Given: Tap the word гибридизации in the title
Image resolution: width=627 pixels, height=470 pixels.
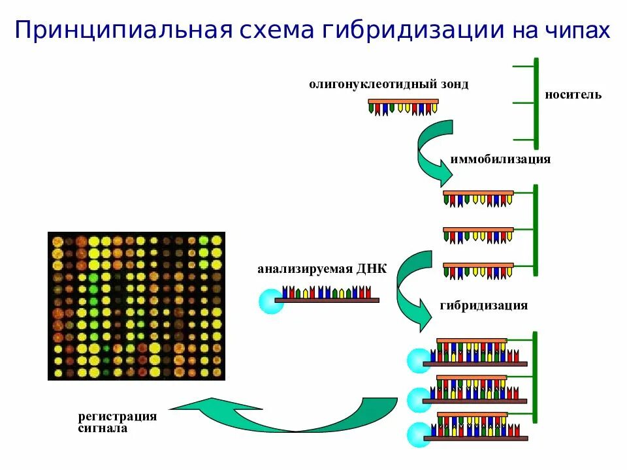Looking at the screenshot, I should pyautogui.click(x=416, y=31).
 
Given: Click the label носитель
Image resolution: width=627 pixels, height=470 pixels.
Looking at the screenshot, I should pyautogui.click(x=573, y=95).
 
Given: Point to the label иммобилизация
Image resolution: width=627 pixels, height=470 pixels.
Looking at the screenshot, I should pyautogui.click(x=500, y=159).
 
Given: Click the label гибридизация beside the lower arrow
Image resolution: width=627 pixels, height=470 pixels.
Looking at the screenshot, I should pyautogui.click(x=484, y=305).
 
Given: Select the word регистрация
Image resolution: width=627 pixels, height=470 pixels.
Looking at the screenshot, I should pyautogui.click(x=118, y=416).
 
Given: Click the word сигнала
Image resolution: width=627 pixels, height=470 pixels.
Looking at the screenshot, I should pyautogui.click(x=103, y=429).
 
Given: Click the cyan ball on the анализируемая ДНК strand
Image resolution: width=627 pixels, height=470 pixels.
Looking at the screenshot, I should pyautogui.click(x=271, y=301).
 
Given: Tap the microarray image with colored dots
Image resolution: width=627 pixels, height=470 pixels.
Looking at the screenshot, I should pyautogui.click(x=136, y=305).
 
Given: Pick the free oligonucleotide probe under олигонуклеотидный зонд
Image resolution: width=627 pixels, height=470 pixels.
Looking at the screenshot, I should pyautogui.click(x=403, y=107).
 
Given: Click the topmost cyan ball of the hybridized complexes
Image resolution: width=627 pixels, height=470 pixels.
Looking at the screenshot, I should pyautogui.click(x=418, y=361).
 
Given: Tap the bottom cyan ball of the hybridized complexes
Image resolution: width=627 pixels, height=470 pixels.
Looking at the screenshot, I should pyautogui.click(x=418, y=435).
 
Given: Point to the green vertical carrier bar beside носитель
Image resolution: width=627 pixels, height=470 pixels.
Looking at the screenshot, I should pyautogui.click(x=536, y=103).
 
